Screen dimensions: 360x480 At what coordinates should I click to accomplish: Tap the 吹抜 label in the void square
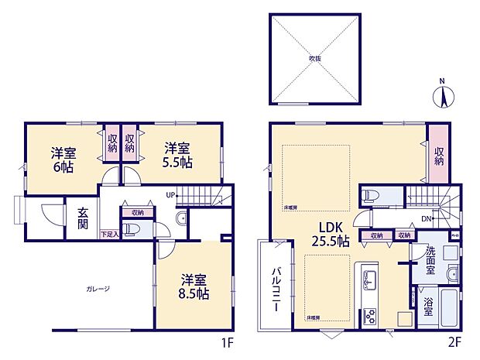[x=315, y=58]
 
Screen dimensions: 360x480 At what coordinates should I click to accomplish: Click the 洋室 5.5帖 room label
[x=177, y=156]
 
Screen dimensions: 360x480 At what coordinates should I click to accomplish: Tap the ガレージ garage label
[x=98, y=289]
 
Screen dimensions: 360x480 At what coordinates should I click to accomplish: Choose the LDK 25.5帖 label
[x=331, y=233]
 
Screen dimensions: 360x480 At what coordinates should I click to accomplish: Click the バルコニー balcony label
[x=276, y=289]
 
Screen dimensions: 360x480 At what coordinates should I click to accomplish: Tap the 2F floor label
[x=454, y=340]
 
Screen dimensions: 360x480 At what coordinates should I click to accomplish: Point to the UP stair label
[x=170, y=195]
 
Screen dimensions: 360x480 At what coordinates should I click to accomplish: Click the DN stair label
[x=426, y=218]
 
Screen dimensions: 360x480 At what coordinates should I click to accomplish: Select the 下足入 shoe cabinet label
[x=109, y=233]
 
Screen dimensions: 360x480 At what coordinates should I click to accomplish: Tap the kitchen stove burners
[x=369, y=316]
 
